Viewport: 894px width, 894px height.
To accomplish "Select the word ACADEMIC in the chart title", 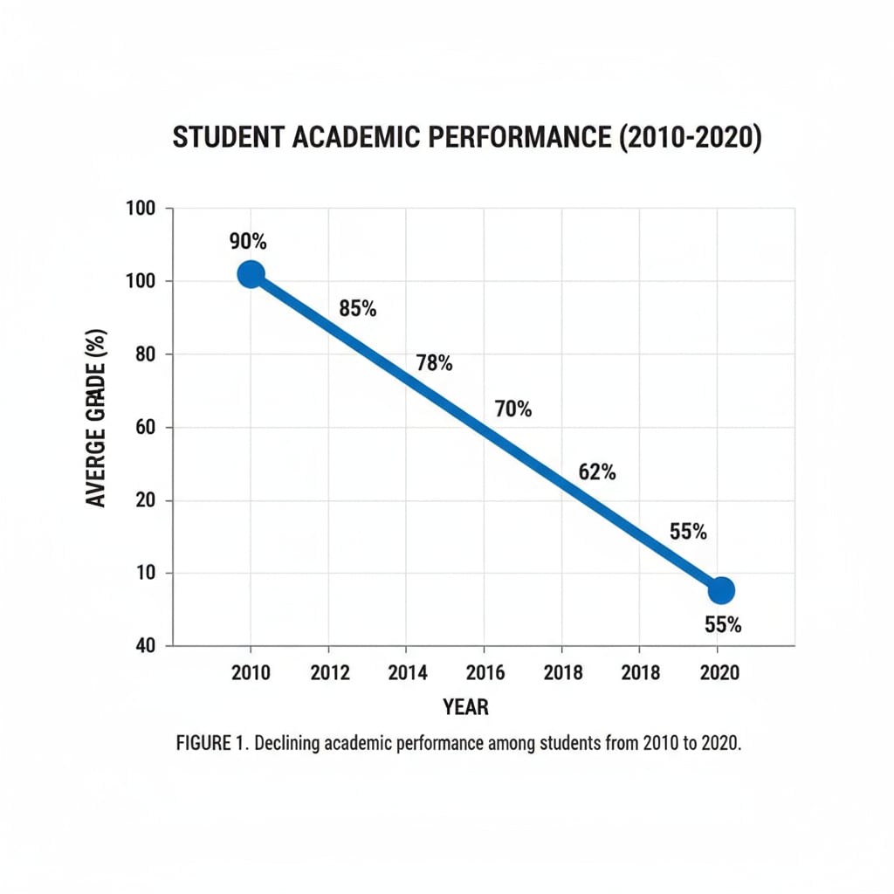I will click(357, 139).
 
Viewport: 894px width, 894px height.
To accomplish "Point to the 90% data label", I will click(248, 241).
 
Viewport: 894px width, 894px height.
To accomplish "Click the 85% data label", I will click(357, 308).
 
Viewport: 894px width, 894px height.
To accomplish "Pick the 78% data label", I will click(434, 362).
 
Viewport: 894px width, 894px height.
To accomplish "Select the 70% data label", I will click(512, 408).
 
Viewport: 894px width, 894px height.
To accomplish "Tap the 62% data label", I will click(597, 472).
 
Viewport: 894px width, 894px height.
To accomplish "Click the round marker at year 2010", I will click(251, 274).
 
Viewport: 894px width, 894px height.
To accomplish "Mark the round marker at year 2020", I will click(720, 590).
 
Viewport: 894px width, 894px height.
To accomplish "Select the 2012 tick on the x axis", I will click(330, 673).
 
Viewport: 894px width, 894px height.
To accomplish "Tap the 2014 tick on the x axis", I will click(408, 673).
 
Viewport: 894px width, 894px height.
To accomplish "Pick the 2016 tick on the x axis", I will click(485, 673).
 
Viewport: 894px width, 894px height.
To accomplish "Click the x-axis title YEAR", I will click(465, 707).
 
